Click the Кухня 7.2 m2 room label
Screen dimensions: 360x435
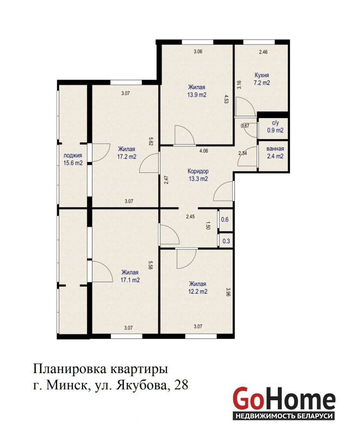[262, 79]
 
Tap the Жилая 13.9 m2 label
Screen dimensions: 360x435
[197, 91]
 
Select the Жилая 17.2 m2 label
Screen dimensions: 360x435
[127, 153]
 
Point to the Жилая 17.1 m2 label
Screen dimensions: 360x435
[130, 276]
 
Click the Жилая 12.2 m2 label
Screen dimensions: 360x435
[198, 288]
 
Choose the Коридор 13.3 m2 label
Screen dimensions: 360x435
[198, 175]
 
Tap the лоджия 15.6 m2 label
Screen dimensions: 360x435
[73, 159]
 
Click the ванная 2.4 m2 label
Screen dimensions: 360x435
[275, 153]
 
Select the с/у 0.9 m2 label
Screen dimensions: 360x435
[275, 127]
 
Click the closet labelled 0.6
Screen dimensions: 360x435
[225, 220]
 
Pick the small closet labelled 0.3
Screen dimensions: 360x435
[226, 241]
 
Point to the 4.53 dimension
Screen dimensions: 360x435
[226, 99]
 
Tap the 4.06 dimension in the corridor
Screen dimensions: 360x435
[204, 151]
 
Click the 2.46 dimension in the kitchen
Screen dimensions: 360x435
[263, 52]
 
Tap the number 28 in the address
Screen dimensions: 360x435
[182, 385]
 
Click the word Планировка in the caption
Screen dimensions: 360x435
[70, 370]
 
